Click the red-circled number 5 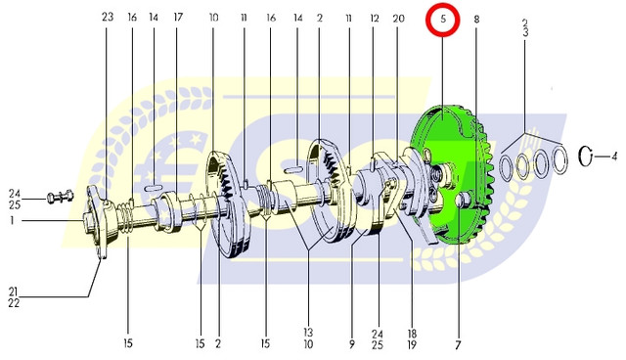pos(443,20)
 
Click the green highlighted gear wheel pos(451,176)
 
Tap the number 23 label pos(108,17)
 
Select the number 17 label pos(178,18)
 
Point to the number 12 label pos(374,19)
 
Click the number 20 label pos(398,19)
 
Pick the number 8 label pos(476,19)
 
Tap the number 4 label pos(613,156)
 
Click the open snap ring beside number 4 pos(586,156)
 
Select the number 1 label pos(12,220)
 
